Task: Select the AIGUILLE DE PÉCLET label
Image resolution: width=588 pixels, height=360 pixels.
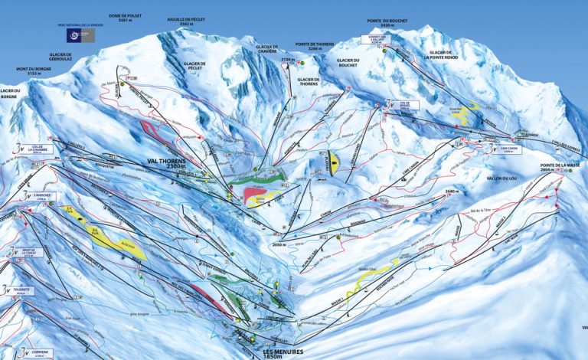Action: [x=186, y=21]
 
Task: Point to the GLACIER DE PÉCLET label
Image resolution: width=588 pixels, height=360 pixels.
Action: [x=198, y=65]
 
